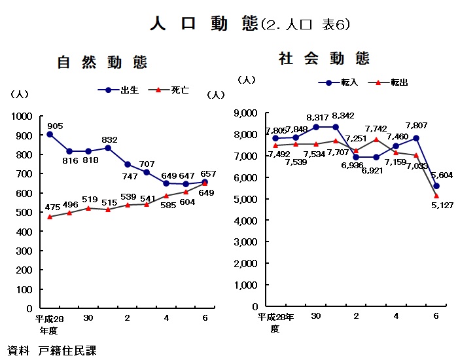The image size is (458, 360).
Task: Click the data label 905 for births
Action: (55, 126)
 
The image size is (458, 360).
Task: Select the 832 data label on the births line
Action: (109, 139)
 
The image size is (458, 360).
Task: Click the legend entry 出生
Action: (130, 90)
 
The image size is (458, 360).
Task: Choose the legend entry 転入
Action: (349, 82)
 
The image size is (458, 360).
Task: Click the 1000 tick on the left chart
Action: (22, 117)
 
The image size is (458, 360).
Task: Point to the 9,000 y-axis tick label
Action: (246, 113)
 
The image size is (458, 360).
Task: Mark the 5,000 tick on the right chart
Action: (246, 199)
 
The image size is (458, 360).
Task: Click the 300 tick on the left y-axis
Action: (24, 251)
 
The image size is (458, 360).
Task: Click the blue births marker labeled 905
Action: (50, 134)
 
